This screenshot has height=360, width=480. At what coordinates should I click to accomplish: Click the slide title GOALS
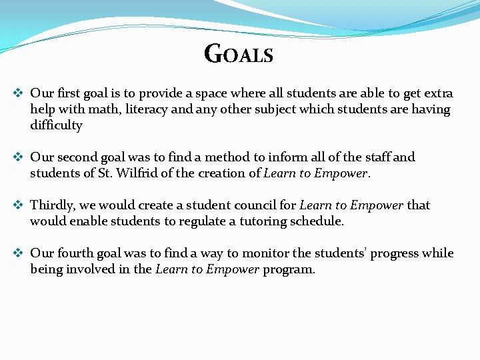(239, 53)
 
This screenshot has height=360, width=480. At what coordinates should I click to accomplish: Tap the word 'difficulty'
(56, 125)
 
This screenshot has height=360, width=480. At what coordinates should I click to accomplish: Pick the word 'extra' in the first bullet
(436, 93)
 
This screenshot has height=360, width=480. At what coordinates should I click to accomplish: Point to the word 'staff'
(374, 157)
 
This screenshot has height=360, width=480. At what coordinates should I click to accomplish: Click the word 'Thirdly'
(53, 205)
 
